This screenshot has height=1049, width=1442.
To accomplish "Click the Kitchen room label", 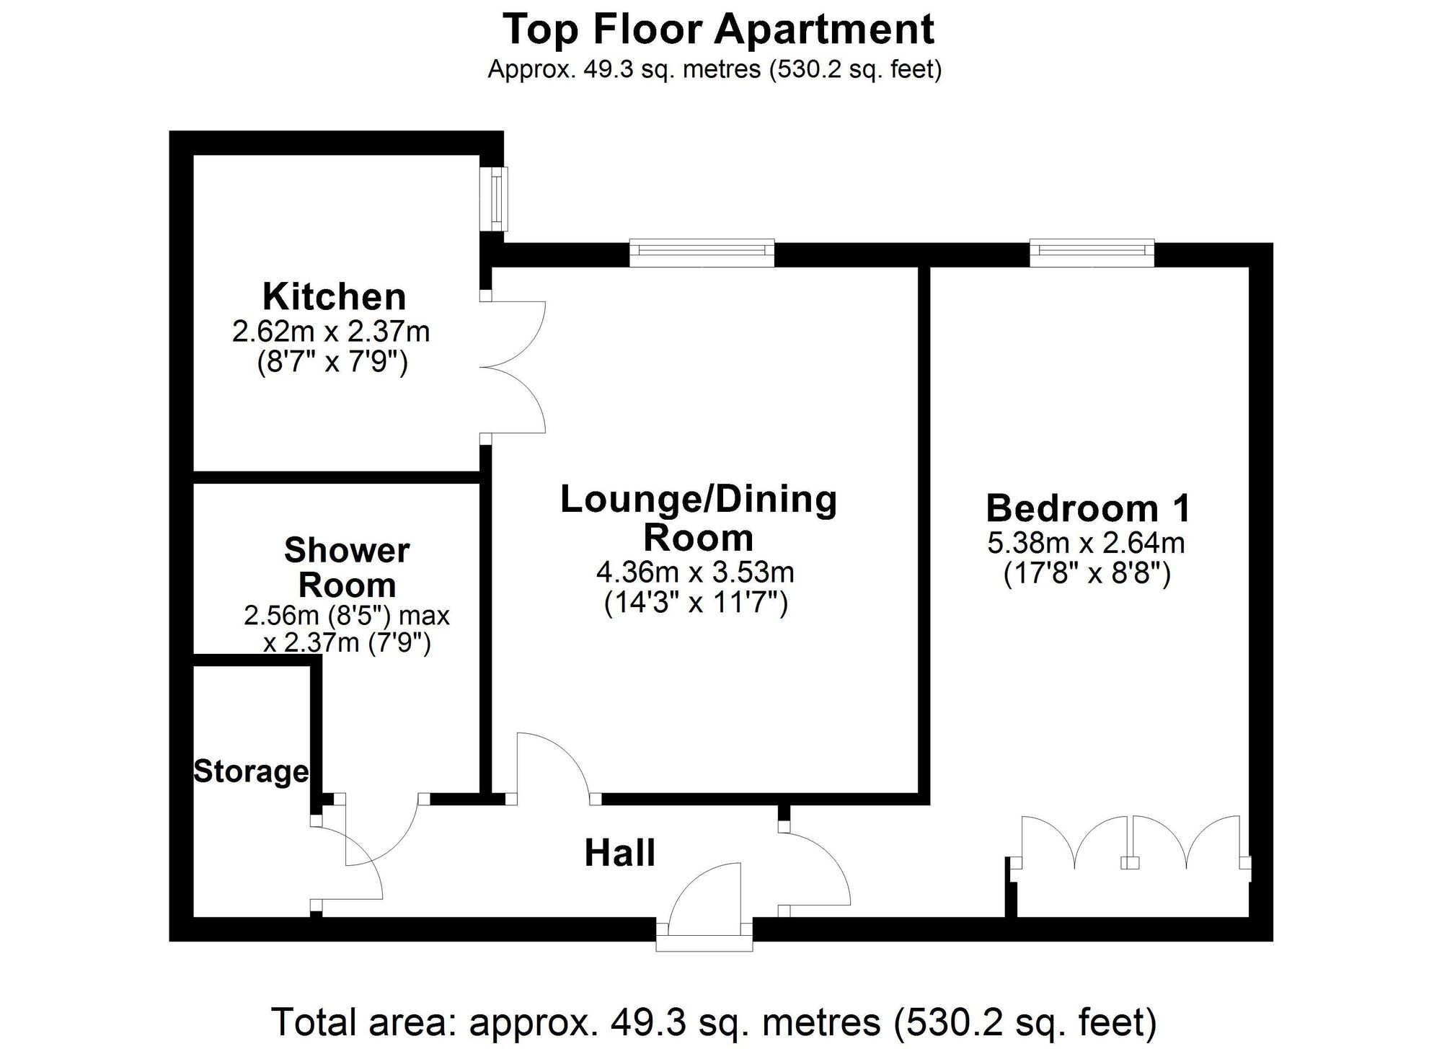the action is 334,296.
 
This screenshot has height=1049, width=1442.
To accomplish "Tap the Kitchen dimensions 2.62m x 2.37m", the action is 331,332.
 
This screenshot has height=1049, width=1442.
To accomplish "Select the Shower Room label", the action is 347,567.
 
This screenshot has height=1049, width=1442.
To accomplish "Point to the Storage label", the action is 251,771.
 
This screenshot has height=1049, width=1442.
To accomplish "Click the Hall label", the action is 620,853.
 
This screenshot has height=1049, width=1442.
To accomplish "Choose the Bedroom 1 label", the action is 1088,508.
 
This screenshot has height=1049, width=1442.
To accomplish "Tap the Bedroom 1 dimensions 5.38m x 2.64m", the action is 1087,543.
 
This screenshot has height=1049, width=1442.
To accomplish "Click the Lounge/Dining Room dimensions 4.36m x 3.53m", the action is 695,572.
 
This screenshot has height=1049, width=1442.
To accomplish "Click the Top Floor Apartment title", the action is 718,30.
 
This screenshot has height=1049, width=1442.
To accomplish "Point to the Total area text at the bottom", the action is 714,1022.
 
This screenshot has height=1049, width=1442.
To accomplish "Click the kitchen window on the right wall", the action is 496,199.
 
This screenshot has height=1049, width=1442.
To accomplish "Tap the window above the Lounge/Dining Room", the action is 702,253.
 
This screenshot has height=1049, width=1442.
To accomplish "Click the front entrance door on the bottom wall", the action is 704,908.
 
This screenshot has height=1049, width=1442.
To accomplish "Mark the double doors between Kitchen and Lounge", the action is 513,368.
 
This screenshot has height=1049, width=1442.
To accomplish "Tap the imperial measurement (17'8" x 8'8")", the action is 1087,575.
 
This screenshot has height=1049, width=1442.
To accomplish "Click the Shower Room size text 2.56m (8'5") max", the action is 347,616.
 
